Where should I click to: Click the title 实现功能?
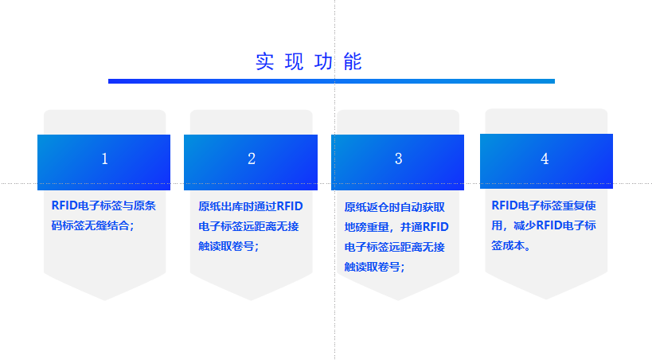309,61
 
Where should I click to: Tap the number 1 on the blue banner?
105,158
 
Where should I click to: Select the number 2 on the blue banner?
251,158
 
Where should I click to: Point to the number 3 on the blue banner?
398,158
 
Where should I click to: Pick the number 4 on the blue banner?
545,158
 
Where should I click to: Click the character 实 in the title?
264,61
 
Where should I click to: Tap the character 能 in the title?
353,61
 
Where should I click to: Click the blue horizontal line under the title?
331,81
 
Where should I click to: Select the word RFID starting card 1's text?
64,205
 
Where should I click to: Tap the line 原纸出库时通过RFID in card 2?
250,206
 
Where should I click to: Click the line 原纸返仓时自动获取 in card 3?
395,207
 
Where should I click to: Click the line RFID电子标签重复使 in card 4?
544,205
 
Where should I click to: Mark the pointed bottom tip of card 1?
105,300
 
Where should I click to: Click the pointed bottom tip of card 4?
546,299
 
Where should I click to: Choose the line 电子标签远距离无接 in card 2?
248,226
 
